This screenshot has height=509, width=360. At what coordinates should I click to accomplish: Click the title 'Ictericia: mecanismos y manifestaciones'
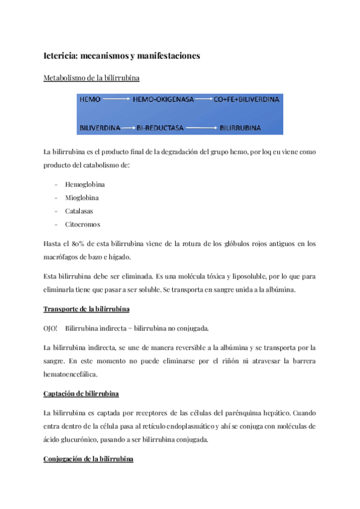[122, 56]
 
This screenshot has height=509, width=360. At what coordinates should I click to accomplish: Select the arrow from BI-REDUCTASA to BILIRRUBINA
[200, 128]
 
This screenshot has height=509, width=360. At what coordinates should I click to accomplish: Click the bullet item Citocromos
[82, 224]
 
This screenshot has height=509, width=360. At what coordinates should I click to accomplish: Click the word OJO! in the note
[51, 328]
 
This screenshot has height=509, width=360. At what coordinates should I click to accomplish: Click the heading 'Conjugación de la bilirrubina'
[88, 459]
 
